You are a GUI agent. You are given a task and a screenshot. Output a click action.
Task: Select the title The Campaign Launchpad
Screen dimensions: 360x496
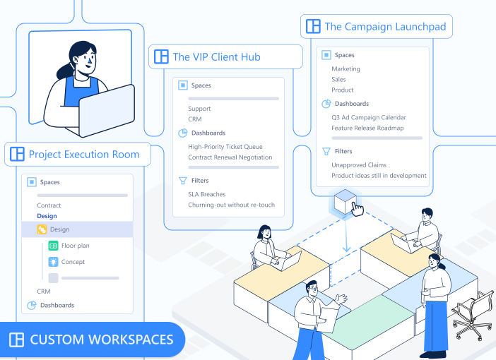[x=385, y=27]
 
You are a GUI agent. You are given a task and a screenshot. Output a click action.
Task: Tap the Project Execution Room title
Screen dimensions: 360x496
[x=83, y=154]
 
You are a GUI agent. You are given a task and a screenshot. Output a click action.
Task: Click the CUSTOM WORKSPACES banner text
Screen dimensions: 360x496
[x=101, y=340]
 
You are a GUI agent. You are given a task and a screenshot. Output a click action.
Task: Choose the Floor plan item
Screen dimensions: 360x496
[x=75, y=246]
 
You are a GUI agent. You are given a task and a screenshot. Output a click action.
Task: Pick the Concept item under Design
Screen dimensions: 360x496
[x=73, y=262]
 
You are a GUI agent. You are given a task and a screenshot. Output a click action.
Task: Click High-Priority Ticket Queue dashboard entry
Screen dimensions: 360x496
[x=225, y=147]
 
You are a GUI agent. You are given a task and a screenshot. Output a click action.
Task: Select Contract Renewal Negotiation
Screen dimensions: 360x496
[x=230, y=157]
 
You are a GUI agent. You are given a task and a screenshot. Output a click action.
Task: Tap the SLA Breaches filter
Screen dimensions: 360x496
[x=207, y=194]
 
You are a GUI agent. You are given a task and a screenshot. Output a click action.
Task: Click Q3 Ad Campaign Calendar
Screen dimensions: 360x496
[x=369, y=117]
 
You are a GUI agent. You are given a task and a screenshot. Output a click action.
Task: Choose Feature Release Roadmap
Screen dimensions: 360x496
[x=367, y=128]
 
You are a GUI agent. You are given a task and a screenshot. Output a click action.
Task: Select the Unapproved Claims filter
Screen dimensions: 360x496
[x=359, y=165]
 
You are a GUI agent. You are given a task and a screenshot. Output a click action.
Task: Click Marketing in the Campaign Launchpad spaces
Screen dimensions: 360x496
[x=346, y=69]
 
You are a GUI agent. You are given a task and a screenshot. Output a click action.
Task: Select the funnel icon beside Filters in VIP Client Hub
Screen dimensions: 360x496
[x=183, y=181]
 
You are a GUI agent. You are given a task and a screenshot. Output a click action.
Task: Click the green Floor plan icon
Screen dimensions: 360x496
[x=53, y=246]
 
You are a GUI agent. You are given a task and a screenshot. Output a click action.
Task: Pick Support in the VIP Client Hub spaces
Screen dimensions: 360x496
[x=199, y=109]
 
